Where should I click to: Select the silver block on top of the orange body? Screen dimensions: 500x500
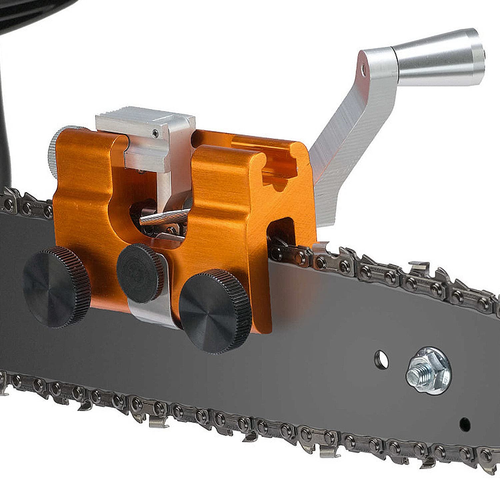(147, 133)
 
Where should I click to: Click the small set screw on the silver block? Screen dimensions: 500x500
(155, 134)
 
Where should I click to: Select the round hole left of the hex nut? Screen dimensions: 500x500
(381, 360)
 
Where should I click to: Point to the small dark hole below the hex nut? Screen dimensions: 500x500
(465, 424)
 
